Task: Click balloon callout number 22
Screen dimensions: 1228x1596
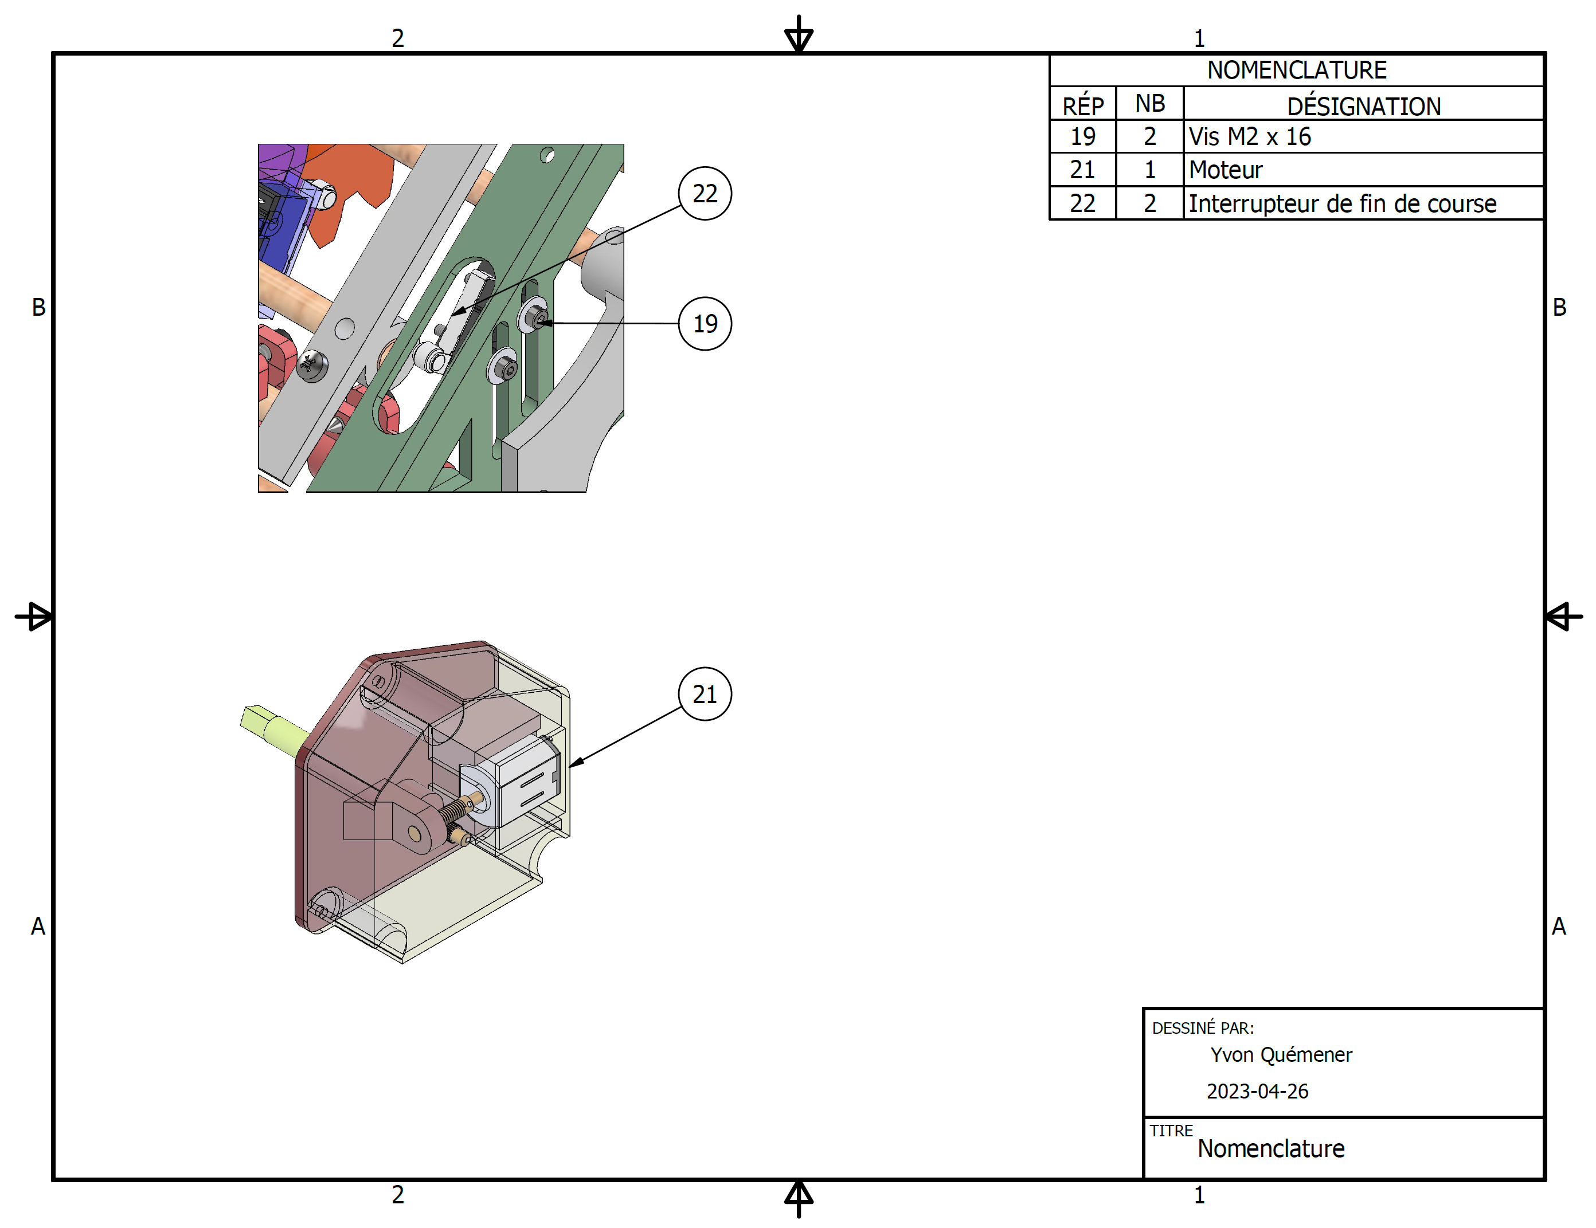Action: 705,194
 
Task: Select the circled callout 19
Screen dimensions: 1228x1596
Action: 705,324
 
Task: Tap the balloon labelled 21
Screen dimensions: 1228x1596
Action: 705,694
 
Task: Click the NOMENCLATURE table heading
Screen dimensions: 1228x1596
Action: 1296,70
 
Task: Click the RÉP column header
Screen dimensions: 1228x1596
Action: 1082,106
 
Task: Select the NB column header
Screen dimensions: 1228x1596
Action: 1149,104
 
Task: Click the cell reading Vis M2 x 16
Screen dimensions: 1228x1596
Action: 1250,136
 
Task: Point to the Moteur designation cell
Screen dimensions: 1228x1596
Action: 1226,170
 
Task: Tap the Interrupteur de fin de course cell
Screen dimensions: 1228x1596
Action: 1341,203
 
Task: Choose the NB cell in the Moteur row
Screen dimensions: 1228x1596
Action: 1149,170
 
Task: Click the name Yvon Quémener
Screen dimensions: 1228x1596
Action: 1280,1054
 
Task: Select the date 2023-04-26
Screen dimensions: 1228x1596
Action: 1257,1090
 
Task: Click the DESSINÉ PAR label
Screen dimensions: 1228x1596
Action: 1202,1028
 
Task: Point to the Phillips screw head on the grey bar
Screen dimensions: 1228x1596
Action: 311,363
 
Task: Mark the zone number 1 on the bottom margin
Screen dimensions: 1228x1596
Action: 1199,1195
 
